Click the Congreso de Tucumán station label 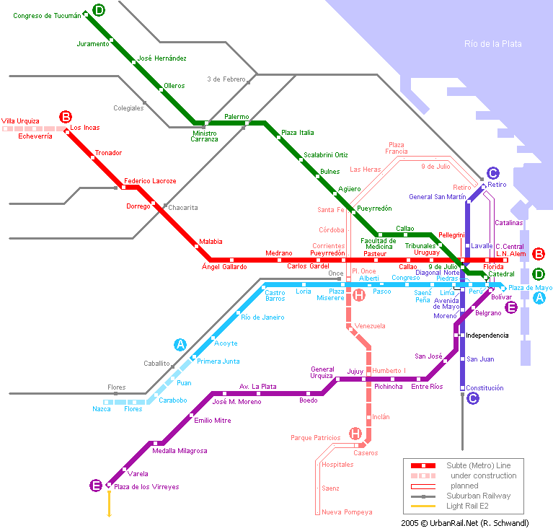coord(47,15)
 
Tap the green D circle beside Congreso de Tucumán coord(98,10)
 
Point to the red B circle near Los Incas coord(66,116)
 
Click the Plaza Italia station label coord(298,133)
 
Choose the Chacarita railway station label coord(182,208)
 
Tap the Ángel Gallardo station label coord(224,267)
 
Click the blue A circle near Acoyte coord(180,344)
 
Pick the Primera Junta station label coord(218,361)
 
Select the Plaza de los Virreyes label coord(146,487)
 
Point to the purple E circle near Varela coord(95,486)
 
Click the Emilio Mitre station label coord(212,420)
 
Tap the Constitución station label coord(485,388)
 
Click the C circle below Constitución coord(472,398)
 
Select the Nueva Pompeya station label coord(347,512)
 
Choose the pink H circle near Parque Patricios coord(355,433)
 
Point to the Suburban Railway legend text coord(478,496)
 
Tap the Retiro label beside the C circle coord(497,185)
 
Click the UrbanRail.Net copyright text coord(475,522)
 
